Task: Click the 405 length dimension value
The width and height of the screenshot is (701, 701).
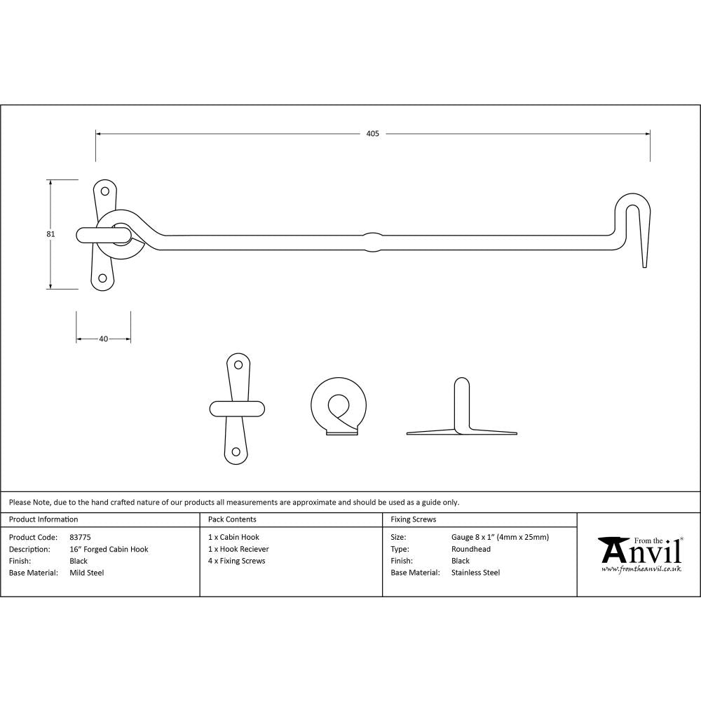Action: (372, 133)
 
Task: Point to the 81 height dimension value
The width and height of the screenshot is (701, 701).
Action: (50, 234)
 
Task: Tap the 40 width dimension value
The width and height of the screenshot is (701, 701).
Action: (104, 339)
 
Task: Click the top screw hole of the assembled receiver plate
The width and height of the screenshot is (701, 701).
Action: (105, 191)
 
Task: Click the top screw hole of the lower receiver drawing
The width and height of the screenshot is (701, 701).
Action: (238, 365)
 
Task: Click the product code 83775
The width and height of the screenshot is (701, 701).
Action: (81, 538)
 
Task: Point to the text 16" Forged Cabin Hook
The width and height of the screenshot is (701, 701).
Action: (109, 550)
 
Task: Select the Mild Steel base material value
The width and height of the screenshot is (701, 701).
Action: (87, 573)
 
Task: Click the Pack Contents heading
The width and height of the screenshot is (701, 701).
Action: (232, 519)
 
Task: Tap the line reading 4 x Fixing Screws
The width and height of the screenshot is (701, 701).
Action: (237, 561)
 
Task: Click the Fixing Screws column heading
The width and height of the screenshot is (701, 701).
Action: (413, 519)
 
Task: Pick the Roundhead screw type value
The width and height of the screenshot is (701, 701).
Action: (471, 550)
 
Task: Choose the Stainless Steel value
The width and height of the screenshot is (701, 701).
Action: (476, 573)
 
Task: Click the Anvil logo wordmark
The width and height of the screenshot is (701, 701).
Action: (641, 551)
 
